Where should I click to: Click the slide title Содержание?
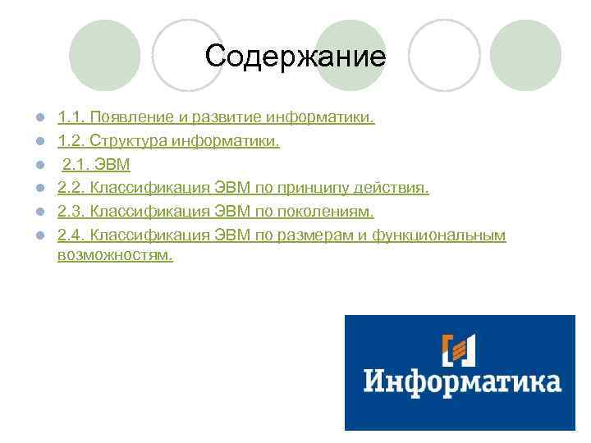pos(295,57)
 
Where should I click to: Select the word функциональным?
pos(439,236)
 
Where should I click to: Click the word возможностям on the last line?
pos(115,255)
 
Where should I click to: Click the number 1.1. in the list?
pos(71,118)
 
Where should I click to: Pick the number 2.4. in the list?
pos(71,236)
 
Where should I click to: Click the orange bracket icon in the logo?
pos(459,350)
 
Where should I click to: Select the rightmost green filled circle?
pos(526,55)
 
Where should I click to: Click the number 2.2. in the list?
pos(71,189)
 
